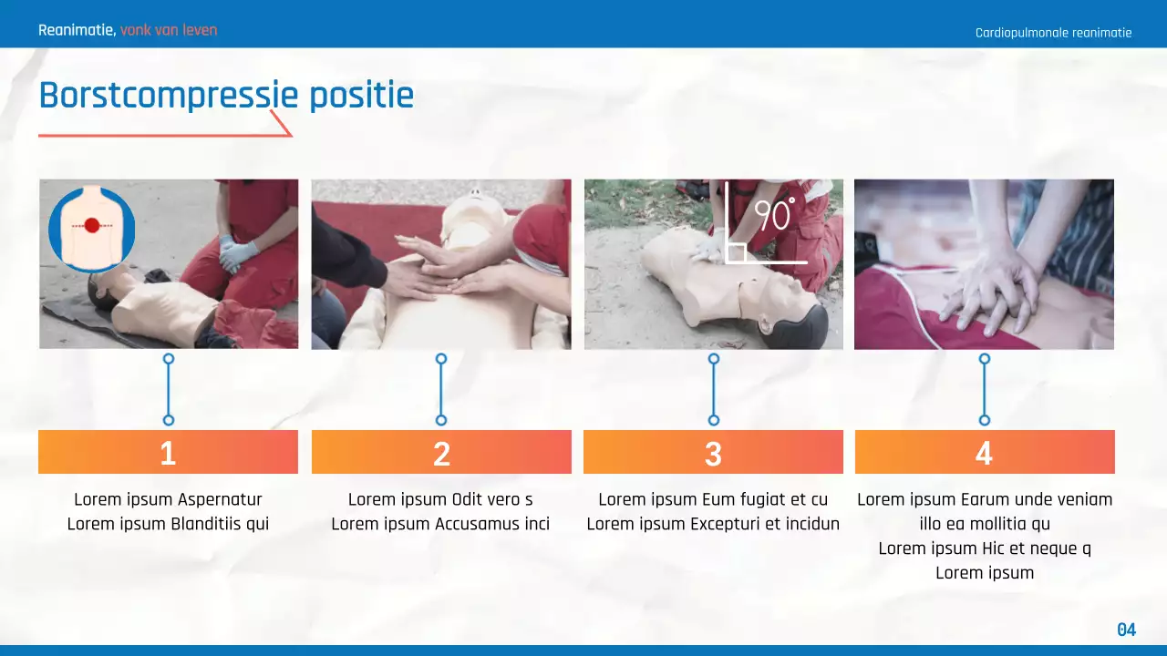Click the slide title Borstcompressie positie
(x=226, y=96)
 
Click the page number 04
(x=1127, y=630)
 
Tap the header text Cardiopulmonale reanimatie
(x=1053, y=33)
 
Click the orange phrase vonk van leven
(x=169, y=30)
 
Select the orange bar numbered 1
(x=168, y=452)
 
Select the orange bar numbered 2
(x=441, y=452)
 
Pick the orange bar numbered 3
(x=713, y=452)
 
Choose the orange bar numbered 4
(x=985, y=452)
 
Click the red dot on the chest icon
(x=91, y=225)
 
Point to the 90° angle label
(x=774, y=217)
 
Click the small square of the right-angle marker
(x=736, y=252)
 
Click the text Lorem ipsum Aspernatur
(x=168, y=499)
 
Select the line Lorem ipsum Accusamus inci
(x=440, y=524)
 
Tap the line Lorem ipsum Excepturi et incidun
(x=713, y=524)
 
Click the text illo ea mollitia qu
(x=985, y=524)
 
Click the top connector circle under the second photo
(x=441, y=359)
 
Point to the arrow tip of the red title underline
(x=291, y=135)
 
